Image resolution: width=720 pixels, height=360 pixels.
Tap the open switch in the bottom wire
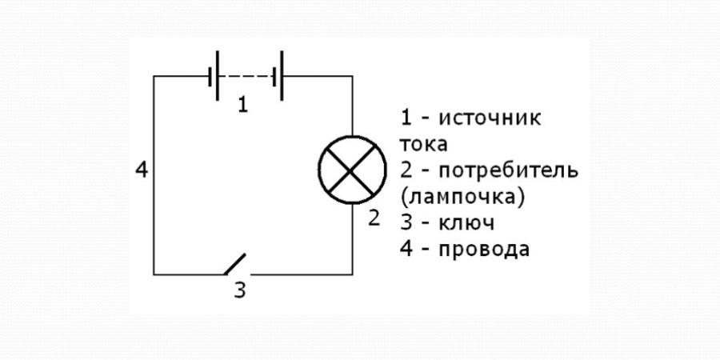coord(234,265)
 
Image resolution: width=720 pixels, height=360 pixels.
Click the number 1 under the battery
coord(243,105)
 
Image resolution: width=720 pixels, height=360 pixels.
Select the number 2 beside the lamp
coord(374,218)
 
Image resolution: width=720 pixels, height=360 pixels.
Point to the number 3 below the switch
coord(239,290)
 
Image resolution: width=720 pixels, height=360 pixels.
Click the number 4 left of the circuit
coord(142,170)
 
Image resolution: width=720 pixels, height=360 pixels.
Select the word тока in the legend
coord(423,146)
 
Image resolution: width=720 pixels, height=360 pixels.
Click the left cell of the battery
coord(214,77)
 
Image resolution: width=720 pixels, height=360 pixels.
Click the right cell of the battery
coord(278,77)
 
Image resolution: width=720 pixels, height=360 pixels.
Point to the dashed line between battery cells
coord(246,77)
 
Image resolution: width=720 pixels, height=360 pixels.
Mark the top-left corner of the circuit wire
coord(154,77)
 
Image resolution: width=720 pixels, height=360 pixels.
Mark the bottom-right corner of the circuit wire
coord(353,274)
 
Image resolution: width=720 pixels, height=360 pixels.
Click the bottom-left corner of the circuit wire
coord(154,274)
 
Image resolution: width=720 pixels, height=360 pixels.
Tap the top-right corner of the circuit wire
coord(353,77)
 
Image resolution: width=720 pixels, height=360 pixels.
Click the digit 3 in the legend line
coord(406,222)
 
